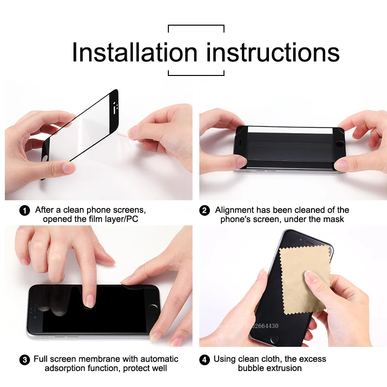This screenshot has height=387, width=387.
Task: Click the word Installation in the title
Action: pyautogui.click(x=134, y=52)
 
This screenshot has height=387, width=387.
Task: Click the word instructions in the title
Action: pyautogui.click(x=273, y=52)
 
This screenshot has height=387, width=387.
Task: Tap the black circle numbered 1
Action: pyautogui.click(x=24, y=211)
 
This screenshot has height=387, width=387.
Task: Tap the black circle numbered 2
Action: pyautogui.click(x=205, y=211)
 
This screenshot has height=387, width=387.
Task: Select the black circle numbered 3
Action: pyautogui.click(x=24, y=360)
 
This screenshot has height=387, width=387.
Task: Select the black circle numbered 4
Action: pyautogui.click(x=205, y=360)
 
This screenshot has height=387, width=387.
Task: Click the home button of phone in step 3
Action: pyautogui.click(x=154, y=308)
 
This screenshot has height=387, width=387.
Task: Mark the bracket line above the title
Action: pyautogui.click(x=196, y=25)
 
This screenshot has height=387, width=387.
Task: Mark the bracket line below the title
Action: pyautogui.click(x=196, y=75)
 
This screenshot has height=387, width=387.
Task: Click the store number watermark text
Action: pyautogui.click(x=252, y=326)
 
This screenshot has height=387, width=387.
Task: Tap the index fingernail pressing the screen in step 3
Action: pyautogui.click(x=89, y=302)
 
